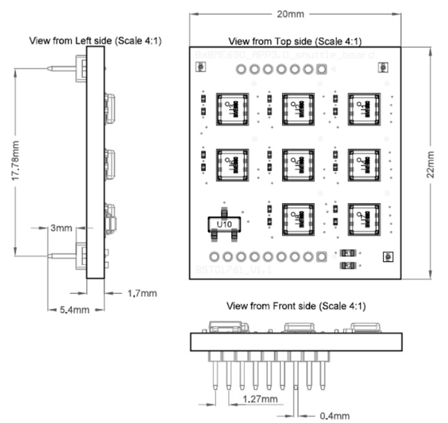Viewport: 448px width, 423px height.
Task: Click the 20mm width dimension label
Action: pos(296,14)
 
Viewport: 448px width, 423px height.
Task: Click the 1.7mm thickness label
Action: pos(142,293)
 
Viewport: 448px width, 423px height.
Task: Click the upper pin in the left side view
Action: pos(63,69)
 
